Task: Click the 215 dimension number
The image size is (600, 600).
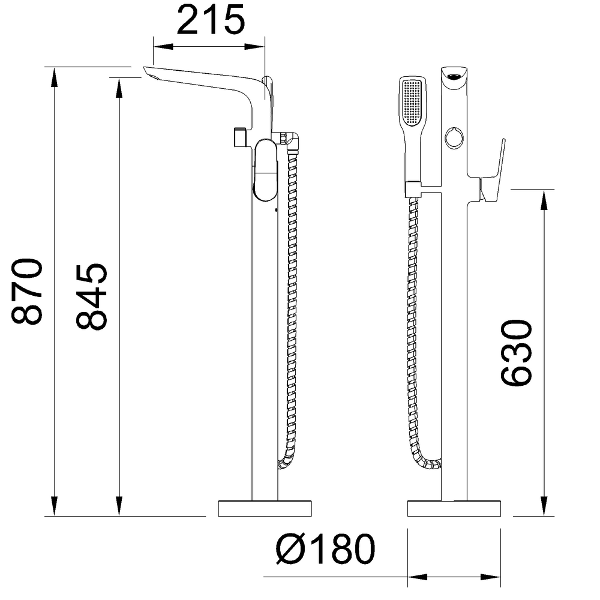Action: (211, 20)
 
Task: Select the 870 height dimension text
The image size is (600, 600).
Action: (27, 291)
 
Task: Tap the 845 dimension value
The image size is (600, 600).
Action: (91, 296)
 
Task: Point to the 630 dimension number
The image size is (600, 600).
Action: (516, 352)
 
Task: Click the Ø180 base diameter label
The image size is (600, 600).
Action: (326, 549)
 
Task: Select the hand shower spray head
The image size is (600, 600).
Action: (413, 102)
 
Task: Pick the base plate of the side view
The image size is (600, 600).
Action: (265, 508)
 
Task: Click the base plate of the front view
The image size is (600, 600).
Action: (454, 508)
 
